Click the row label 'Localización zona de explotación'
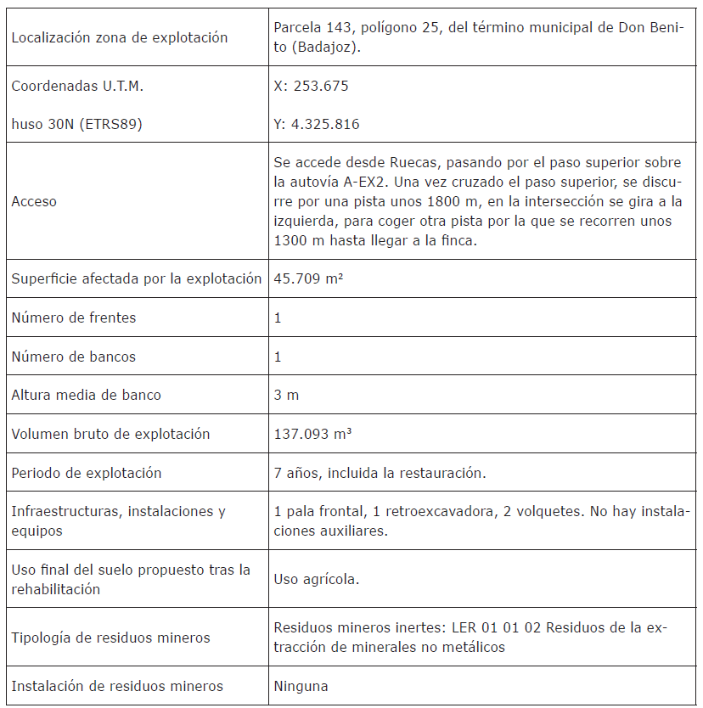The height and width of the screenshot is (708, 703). click(x=120, y=37)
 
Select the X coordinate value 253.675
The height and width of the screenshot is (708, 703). click(x=312, y=86)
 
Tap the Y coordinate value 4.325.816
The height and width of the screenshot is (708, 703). click(x=317, y=124)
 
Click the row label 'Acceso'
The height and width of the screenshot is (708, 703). click(x=34, y=201)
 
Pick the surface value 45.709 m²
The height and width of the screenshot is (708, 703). click(x=308, y=278)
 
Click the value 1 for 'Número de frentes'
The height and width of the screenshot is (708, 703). click(x=278, y=317)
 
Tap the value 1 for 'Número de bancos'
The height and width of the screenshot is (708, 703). click(x=278, y=357)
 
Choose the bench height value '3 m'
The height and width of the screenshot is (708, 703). click(x=286, y=395)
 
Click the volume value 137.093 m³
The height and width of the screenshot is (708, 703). click(x=313, y=434)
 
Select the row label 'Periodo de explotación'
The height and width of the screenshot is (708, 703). click(x=86, y=472)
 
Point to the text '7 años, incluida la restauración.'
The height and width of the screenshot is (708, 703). click(x=380, y=472)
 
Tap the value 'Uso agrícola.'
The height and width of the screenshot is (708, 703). click(x=316, y=579)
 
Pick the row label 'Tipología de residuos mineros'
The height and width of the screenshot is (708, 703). click(x=110, y=638)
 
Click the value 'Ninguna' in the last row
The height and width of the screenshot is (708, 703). click(x=301, y=686)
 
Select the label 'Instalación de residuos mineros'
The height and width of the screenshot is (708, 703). click(x=117, y=686)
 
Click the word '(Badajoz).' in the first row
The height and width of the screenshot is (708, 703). click(x=327, y=48)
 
